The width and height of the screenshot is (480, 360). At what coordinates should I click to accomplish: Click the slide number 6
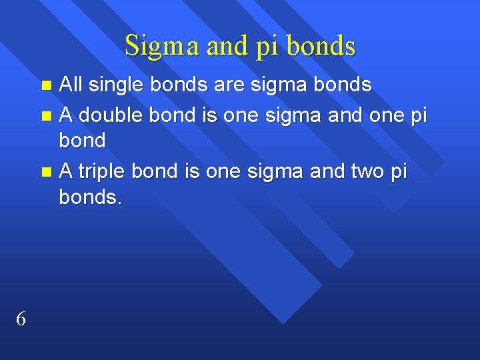pyautogui.click(x=21, y=319)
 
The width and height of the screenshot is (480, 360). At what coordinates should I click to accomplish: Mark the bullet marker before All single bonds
pyautogui.click(x=46, y=85)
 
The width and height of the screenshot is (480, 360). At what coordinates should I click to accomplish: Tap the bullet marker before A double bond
pyautogui.click(x=46, y=115)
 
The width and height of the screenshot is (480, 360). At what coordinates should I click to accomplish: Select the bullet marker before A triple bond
pyautogui.click(x=46, y=171)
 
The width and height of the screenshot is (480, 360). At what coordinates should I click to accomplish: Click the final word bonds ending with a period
pyautogui.click(x=91, y=197)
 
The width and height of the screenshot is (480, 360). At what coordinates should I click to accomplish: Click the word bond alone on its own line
pyautogui.click(x=82, y=140)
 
